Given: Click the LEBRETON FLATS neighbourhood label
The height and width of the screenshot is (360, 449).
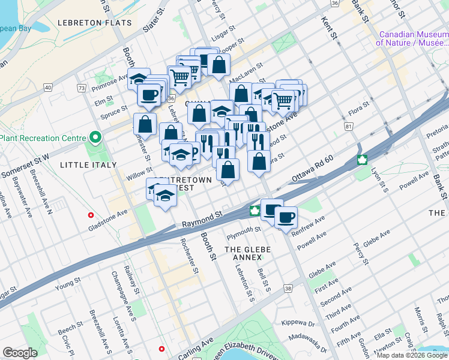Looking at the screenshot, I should pyautogui.click(x=94, y=23).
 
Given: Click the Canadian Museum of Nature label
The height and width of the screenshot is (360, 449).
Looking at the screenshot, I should pyautogui.click(x=412, y=38).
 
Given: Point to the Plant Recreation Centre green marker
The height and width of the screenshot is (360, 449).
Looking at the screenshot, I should pyautogui.click(x=94, y=139).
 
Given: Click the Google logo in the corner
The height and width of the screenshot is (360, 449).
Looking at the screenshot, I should pyautogui.click(x=20, y=353).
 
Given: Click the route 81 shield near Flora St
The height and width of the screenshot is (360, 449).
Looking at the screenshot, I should pyautogui.click(x=348, y=127).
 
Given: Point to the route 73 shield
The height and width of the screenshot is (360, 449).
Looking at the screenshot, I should pyautogui.click(x=81, y=88).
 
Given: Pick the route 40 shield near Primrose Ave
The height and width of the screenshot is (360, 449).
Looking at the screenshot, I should pyautogui.click(x=47, y=88).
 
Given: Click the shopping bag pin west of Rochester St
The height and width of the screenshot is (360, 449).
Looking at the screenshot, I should pyautogui.click(x=145, y=124).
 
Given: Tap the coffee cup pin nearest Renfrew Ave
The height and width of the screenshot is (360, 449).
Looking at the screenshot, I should pyautogui.click(x=286, y=216).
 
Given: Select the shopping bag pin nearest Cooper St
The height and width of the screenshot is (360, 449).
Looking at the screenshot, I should pyautogui.click(x=218, y=65).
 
